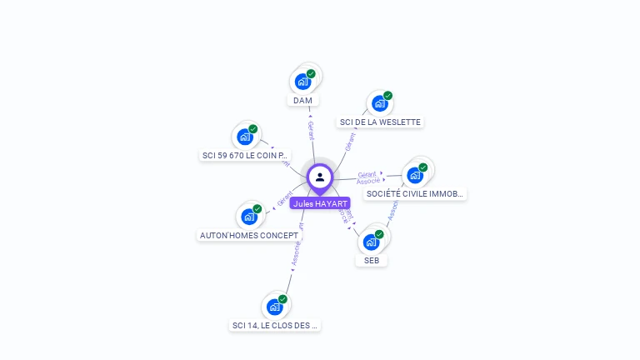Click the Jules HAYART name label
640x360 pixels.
point(320,203)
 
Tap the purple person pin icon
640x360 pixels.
point(320,177)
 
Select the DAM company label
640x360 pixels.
point(302,101)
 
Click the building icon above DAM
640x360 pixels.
point(302,82)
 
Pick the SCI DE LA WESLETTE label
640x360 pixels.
point(380,122)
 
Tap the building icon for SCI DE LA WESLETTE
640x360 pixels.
point(379,103)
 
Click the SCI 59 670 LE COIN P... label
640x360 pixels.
point(246,155)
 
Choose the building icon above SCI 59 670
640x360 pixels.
point(244,137)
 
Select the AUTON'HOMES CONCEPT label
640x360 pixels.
point(249,235)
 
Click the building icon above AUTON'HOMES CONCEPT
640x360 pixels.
point(248,217)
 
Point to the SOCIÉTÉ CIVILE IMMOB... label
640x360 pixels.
point(415,193)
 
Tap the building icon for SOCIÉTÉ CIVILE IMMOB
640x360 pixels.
point(414,175)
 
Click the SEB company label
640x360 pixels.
point(372,260)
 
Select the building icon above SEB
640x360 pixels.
point(371,242)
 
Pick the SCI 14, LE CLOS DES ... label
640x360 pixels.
point(275,325)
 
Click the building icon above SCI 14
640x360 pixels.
point(274,307)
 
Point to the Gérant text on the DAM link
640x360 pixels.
point(311,131)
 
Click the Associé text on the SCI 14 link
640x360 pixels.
point(296,253)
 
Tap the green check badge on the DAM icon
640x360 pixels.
point(311,74)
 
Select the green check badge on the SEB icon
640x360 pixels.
point(379,234)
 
